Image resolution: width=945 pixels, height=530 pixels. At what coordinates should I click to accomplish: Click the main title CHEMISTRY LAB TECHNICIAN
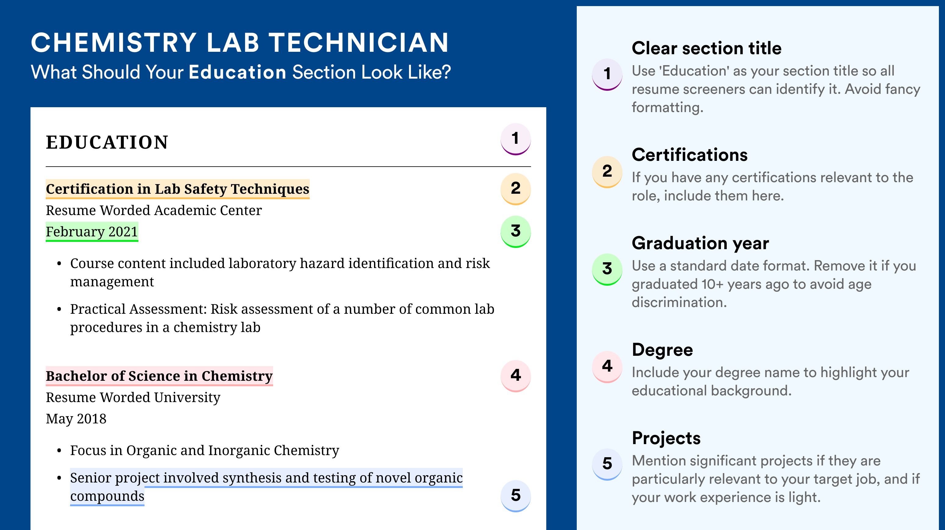240,43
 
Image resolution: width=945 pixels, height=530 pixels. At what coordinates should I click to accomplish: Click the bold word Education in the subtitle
237,72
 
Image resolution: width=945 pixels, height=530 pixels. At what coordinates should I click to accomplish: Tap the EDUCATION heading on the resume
107,142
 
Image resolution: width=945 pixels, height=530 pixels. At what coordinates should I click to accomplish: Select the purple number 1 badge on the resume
515,139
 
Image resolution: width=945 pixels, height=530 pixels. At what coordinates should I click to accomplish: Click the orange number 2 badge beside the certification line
515,189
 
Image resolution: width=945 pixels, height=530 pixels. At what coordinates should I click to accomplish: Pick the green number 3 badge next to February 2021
515,231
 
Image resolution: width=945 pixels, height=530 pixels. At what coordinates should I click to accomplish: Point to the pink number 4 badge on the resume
515,376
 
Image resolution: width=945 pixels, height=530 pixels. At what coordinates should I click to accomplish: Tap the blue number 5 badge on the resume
515,496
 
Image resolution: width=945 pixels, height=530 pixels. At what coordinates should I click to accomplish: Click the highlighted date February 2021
92,231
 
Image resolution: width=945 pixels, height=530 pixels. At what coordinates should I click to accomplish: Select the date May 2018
76,419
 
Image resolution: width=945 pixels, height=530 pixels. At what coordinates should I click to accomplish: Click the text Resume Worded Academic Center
154,210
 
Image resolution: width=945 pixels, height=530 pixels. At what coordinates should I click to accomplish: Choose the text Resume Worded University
133,397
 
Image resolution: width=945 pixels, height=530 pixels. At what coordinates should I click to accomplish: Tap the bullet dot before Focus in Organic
59,451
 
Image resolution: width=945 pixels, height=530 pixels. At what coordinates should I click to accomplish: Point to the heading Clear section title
707,48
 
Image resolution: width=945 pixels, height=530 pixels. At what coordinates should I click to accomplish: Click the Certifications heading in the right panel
690,155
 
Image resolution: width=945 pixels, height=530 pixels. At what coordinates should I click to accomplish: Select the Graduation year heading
700,243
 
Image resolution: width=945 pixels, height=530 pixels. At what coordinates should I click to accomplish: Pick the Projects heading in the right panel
666,438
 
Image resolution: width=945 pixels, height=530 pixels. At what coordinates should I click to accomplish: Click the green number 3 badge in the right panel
607,269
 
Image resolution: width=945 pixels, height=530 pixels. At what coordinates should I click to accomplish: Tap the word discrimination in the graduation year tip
679,302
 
